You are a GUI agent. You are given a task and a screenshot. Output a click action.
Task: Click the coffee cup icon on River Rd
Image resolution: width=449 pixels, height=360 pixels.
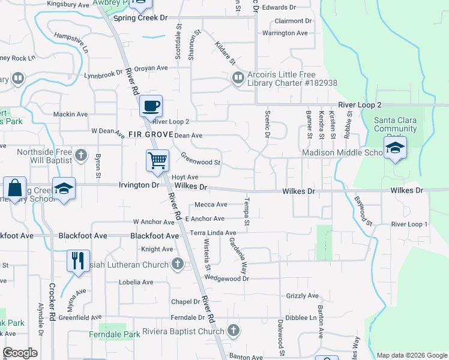151,106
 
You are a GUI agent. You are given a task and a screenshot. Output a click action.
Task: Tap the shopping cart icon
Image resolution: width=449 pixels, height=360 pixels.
157,160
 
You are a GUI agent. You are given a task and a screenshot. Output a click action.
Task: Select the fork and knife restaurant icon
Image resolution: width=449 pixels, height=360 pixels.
78,260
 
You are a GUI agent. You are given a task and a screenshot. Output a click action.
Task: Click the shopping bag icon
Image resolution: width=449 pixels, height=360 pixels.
14,187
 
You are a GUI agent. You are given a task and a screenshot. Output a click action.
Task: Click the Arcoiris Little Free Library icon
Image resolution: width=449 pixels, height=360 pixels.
238,77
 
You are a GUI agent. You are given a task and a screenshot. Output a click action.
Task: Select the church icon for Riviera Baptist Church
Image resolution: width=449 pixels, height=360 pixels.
234,331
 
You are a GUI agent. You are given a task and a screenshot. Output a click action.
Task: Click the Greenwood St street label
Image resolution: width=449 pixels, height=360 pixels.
200,160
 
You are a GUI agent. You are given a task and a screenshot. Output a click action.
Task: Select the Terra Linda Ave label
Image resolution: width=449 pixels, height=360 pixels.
213,233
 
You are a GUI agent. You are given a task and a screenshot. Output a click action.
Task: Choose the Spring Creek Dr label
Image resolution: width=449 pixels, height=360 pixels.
140,18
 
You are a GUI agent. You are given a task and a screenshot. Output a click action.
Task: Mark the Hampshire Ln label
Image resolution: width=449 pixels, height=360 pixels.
71,43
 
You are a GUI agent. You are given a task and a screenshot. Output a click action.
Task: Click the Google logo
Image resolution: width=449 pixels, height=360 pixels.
20,353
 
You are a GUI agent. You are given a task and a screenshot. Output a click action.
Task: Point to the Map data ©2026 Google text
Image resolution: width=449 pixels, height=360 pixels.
411,355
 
